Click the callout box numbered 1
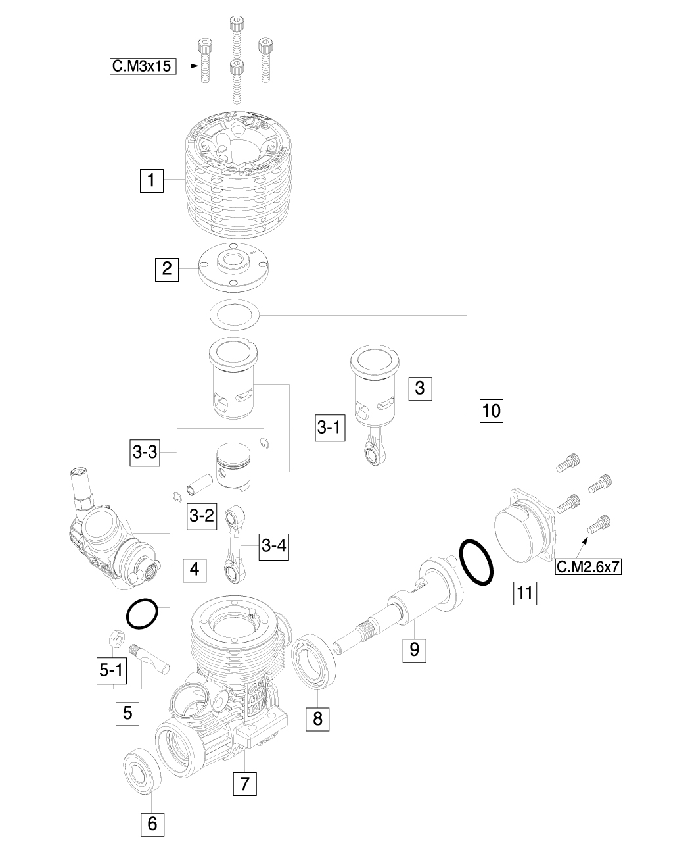tap(151, 180)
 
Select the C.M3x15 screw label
tap(143, 66)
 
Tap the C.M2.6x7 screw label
tap(588, 566)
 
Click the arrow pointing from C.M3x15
tap(188, 66)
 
